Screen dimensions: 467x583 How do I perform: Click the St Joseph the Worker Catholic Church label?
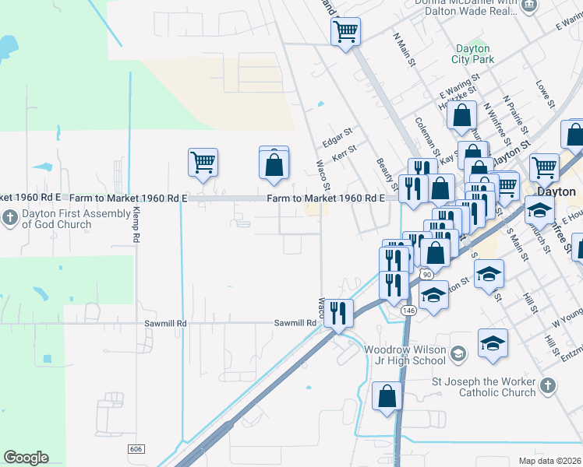[x=484, y=387]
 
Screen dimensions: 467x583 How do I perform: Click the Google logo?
[x=26, y=458]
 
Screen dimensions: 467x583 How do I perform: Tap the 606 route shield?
[x=136, y=449]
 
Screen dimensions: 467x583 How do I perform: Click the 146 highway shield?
[x=408, y=310]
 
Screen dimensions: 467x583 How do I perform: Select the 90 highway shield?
[x=426, y=275]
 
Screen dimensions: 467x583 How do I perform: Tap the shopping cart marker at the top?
[x=345, y=32]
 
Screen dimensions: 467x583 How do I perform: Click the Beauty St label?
[x=387, y=174]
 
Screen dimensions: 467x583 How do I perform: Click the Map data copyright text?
[x=549, y=461]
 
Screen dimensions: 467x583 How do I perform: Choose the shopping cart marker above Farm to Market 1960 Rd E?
[x=202, y=163]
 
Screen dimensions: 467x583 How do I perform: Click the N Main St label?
[x=402, y=46]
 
